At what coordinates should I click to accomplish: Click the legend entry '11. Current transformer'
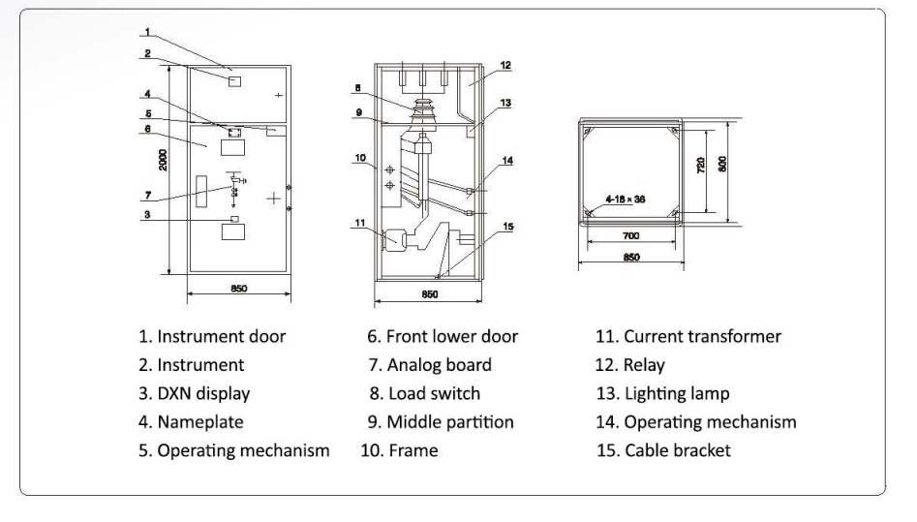coord(688,336)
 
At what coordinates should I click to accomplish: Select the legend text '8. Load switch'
coord(424,393)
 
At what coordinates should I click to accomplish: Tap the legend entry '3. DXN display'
coord(195,393)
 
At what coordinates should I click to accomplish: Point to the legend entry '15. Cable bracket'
coord(663,450)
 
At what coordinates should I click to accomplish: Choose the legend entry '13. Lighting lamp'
coord(662,393)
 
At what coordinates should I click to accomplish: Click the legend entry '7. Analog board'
coord(430,365)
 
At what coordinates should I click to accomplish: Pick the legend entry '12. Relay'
coord(629,365)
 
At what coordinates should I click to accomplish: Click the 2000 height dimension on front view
coord(163,160)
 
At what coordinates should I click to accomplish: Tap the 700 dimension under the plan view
coord(630,236)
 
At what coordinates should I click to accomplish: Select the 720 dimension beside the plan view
coord(701,165)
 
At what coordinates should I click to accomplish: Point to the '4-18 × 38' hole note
coord(626,199)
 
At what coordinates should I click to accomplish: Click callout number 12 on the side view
coord(505,66)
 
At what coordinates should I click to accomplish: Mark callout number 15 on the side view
coord(507,227)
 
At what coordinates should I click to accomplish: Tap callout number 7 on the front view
coord(148,196)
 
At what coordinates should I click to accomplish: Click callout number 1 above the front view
coord(147,32)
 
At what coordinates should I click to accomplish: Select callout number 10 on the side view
coord(359,158)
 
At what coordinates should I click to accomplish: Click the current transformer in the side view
coord(390,240)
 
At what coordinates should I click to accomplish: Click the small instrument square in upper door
coord(234,81)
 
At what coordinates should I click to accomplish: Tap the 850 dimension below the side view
coord(429,294)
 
